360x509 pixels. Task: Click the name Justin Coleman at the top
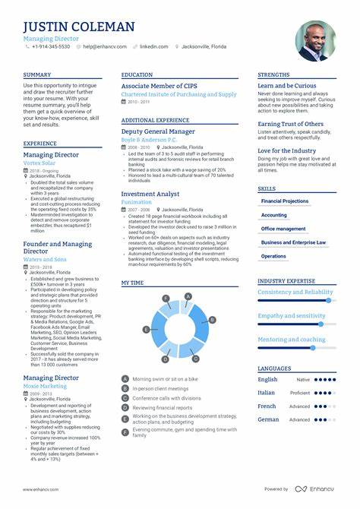click(x=79, y=27)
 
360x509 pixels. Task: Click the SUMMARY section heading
click(x=37, y=74)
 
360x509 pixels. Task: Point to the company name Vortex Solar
click(x=39, y=163)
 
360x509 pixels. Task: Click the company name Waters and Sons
click(x=45, y=259)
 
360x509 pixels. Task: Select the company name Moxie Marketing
click(x=45, y=386)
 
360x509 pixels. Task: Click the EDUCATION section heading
click(x=137, y=74)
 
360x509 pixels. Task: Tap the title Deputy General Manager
click(x=157, y=131)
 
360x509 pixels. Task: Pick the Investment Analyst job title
click(x=150, y=194)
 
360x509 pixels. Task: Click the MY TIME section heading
click(x=132, y=282)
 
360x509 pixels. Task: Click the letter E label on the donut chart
click(x=146, y=330)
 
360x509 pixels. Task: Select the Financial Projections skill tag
click(x=285, y=201)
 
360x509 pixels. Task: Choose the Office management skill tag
click(x=283, y=228)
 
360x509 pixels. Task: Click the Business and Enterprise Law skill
click(x=293, y=242)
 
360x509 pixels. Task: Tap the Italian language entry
click(x=267, y=393)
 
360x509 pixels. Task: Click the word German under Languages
click(x=268, y=419)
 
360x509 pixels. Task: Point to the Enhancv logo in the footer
click(x=316, y=488)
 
